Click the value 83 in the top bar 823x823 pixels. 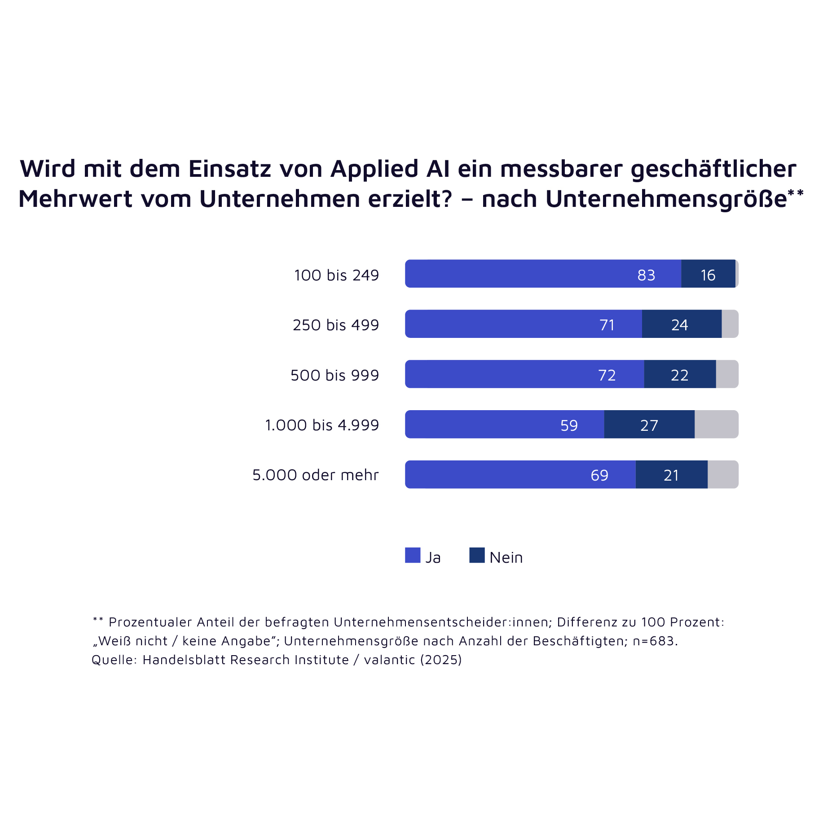tap(646, 275)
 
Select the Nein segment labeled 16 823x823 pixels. tap(708, 274)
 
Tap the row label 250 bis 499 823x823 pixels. tap(336, 325)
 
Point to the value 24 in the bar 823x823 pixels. tap(680, 325)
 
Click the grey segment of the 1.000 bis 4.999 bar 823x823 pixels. tap(716, 425)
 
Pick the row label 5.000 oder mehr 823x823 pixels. tap(316, 475)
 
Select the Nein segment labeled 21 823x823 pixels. tap(671, 475)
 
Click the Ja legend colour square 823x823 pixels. tap(413, 555)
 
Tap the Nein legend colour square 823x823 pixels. tap(477, 555)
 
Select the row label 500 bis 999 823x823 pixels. tap(335, 375)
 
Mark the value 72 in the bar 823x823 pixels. tap(607, 375)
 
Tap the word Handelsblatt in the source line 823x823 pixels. tap(180, 660)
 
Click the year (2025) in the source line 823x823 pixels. tap(441, 660)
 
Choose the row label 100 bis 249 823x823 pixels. tap(337, 275)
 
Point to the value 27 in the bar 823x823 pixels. tap(649, 425)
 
